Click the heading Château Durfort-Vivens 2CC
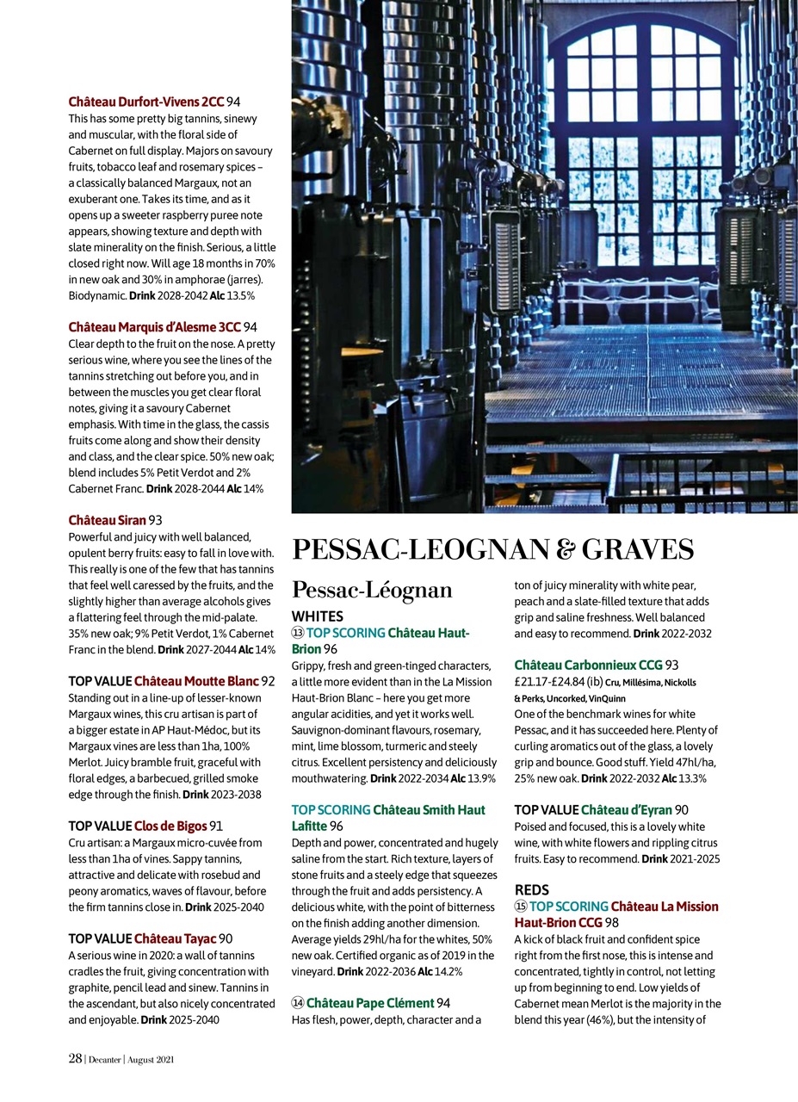(x=146, y=102)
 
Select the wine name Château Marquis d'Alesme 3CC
(x=154, y=327)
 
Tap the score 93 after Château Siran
(x=156, y=520)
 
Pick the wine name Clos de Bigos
(x=170, y=826)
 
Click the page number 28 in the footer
(x=75, y=1059)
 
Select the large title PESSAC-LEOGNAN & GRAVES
(x=492, y=549)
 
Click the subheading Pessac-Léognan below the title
(x=372, y=590)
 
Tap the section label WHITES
(x=317, y=616)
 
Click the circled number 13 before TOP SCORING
(x=298, y=633)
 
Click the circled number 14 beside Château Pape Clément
(x=298, y=1003)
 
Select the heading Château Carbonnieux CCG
(x=588, y=665)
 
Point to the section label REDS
(x=532, y=889)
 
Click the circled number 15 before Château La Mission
(x=521, y=907)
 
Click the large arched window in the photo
(x=644, y=146)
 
